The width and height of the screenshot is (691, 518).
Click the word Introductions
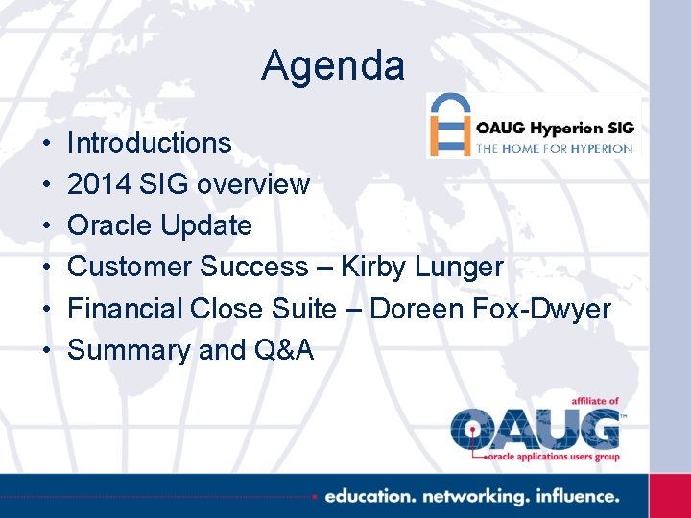point(149,143)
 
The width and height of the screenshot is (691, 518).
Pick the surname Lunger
point(459,268)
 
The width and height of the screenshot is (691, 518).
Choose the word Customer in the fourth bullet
point(129,267)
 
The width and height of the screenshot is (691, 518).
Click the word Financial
point(125,308)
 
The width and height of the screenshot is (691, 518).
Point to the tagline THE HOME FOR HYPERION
point(555,149)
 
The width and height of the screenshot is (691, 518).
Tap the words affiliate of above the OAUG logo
point(588,401)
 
